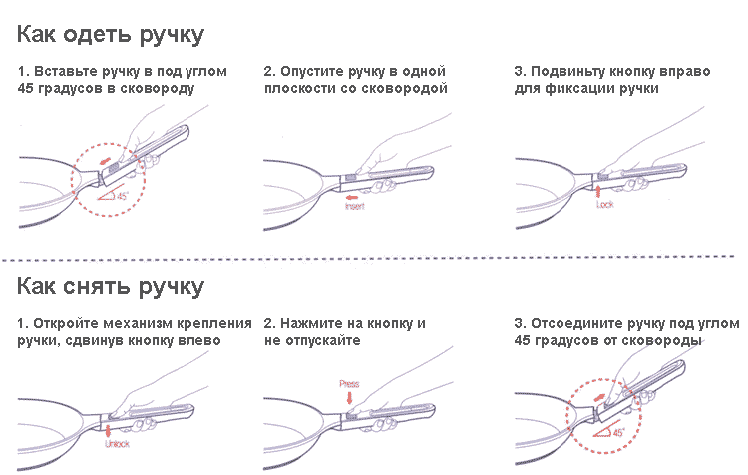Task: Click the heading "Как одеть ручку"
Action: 110,35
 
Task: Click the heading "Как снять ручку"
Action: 110,287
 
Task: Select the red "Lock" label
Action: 603,204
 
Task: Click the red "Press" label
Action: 348,383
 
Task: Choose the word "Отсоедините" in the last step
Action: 579,324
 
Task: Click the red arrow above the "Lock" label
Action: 597,189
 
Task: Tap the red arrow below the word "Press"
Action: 348,398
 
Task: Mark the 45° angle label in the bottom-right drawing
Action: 615,433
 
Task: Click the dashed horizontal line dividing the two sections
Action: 374,260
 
